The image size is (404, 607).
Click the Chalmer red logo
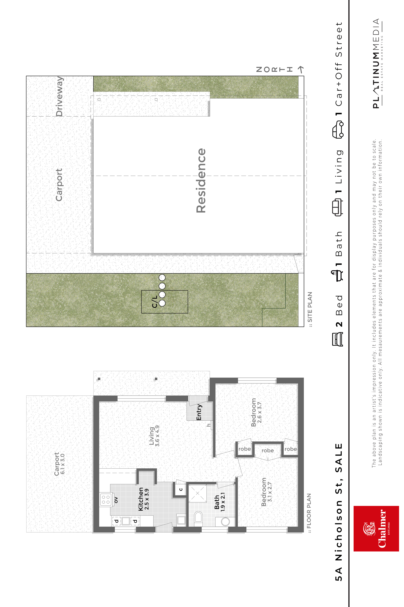[376, 529]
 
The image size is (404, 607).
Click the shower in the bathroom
[198, 493]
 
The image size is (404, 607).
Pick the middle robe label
[268, 450]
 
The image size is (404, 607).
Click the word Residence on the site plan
[201, 181]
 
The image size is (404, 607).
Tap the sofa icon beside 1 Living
[337, 207]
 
